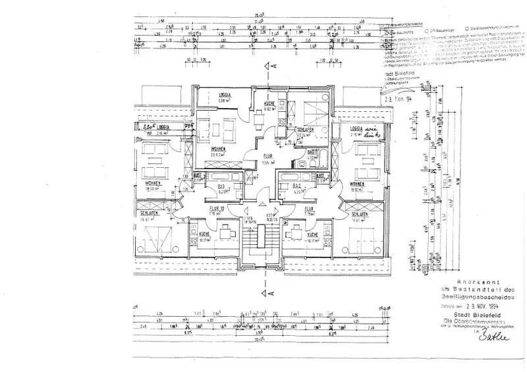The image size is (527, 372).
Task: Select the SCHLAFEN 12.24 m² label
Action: click(306, 132)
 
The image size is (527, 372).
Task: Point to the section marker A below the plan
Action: click(267, 293)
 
